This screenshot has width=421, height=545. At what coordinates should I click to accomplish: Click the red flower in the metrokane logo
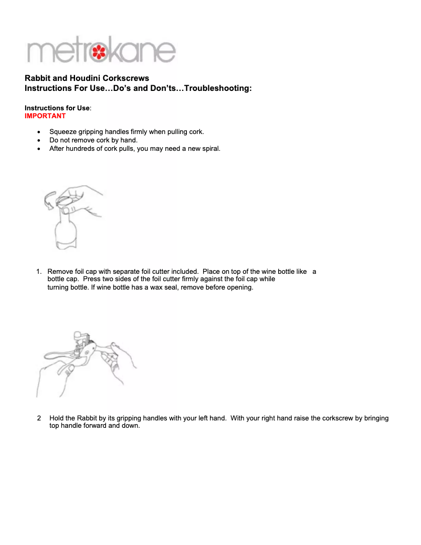(x=99, y=51)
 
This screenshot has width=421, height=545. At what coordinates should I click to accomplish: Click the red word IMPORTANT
(x=45, y=116)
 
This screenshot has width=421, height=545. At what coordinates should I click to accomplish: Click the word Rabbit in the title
(x=37, y=78)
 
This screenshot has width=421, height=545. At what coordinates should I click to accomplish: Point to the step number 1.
(x=39, y=272)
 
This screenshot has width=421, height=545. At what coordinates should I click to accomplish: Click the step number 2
(x=39, y=418)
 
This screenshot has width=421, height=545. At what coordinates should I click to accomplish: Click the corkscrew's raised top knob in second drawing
(x=78, y=335)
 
